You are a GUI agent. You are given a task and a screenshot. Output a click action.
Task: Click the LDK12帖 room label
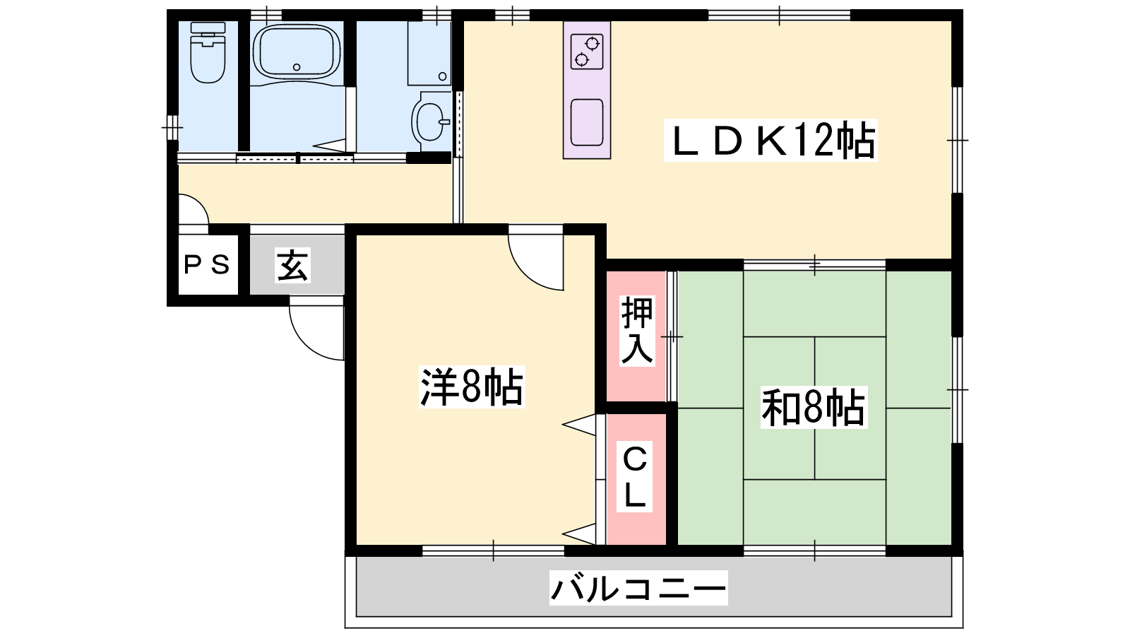click(771, 141)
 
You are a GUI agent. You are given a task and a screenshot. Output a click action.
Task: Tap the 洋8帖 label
click(472, 387)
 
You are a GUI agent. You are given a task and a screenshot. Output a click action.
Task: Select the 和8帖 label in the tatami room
click(813, 407)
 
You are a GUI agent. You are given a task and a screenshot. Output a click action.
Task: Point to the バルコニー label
click(638, 588)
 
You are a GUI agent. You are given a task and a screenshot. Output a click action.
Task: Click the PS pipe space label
click(208, 264)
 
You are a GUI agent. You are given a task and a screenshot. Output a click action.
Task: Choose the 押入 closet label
click(637, 331)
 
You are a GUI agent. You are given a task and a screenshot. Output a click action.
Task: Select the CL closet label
click(635, 477)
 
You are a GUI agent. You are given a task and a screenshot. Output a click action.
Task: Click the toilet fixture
click(208, 52)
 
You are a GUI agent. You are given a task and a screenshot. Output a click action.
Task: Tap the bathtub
click(297, 52)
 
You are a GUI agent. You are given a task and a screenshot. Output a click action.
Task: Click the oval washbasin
click(429, 122)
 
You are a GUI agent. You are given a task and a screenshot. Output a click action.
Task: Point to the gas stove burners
click(587, 52)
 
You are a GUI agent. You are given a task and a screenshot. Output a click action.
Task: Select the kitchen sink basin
click(587, 123)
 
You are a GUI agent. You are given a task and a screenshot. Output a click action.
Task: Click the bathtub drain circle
click(297, 66)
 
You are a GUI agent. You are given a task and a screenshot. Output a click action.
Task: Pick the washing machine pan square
click(429, 52)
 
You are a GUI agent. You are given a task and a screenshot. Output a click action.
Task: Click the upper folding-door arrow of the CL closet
click(580, 425)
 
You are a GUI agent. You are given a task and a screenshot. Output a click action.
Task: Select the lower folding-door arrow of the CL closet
click(580, 534)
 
